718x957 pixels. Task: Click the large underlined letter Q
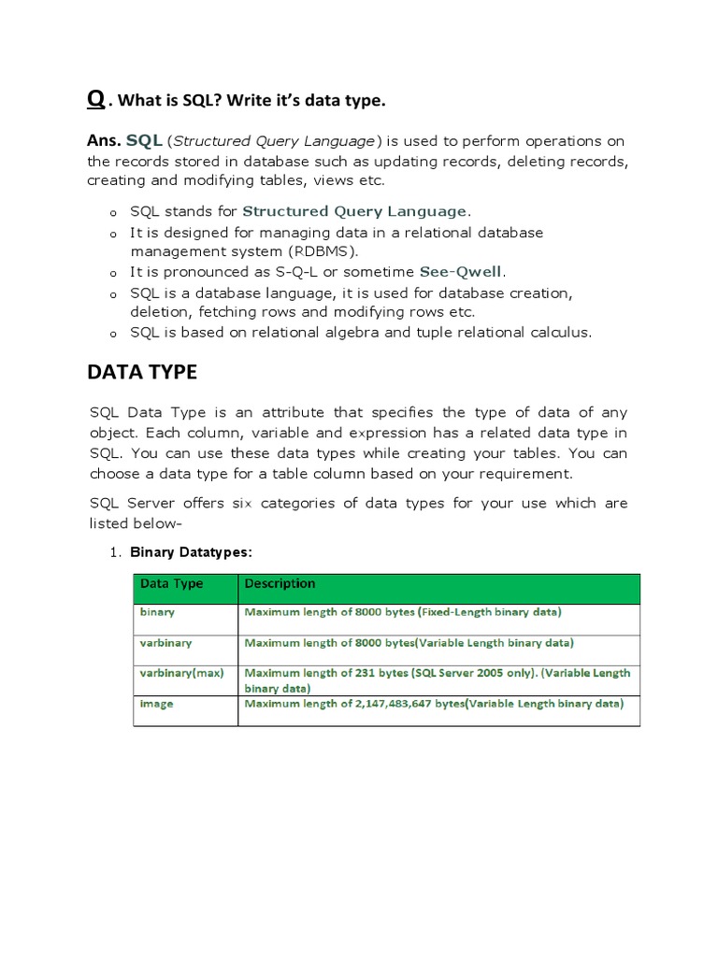click(x=96, y=99)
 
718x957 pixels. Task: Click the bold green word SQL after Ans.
click(x=145, y=140)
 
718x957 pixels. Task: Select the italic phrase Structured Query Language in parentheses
click(x=275, y=141)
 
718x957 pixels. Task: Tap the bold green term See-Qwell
click(x=461, y=272)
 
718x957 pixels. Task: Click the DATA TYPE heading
click(x=142, y=373)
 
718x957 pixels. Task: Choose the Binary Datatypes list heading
click(x=191, y=552)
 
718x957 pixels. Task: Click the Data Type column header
click(x=171, y=584)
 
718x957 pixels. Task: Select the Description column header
click(x=280, y=584)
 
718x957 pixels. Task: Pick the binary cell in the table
click(x=157, y=613)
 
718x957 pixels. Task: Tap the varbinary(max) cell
click(x=181, y=673)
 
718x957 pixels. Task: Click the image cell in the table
click(x=156, y=704)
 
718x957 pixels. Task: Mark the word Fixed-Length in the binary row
click(x=455, y=613)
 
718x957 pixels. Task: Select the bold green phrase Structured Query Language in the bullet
click(x=354, y=211)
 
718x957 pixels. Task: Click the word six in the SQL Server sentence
click(x=242, y=504)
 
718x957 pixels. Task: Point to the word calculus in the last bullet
click(x=559, y=333)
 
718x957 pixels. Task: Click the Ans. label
click(x=104, y=141)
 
